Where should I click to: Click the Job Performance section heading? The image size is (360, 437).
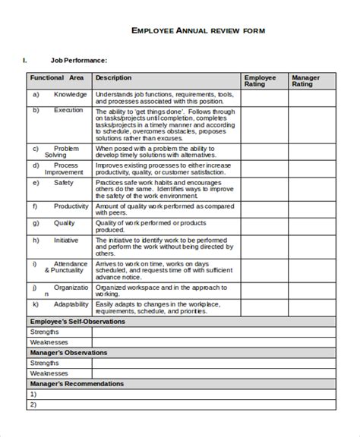[79, 60]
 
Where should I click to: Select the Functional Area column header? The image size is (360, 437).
[57, 77]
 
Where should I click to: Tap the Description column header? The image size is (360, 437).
[113, 77]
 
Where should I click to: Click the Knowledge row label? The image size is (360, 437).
[70, 95]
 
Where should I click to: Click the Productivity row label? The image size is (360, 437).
[71, 206]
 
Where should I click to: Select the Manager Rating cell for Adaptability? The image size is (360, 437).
[311, 307]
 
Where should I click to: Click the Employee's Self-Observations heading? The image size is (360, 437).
[77, 321]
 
